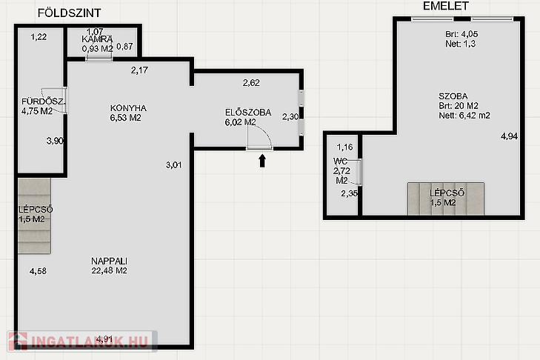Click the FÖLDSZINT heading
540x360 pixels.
point(69,13)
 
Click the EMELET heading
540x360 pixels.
point(446,6)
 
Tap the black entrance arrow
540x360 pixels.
point(262,161)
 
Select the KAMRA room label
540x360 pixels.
point(97,39)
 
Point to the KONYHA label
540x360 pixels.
point(128,108)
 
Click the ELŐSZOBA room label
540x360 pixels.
point(248,113)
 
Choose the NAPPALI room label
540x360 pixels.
point(109,261)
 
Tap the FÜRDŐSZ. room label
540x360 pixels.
point(43,101)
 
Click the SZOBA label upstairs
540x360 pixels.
point(453,96)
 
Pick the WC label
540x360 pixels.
point(340,161)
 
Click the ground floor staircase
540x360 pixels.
point(34,216)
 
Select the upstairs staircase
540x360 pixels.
point(446,199)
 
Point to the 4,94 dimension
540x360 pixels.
point(509,136)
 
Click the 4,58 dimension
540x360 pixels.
point(38,271)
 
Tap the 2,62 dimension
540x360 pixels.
point(251,83)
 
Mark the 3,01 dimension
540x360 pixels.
point(173,165)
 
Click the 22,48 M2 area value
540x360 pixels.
point(109,270)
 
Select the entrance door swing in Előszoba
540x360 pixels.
point(260,137)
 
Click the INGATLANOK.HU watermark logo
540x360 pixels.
point(82,341)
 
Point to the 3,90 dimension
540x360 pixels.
point(55,141)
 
